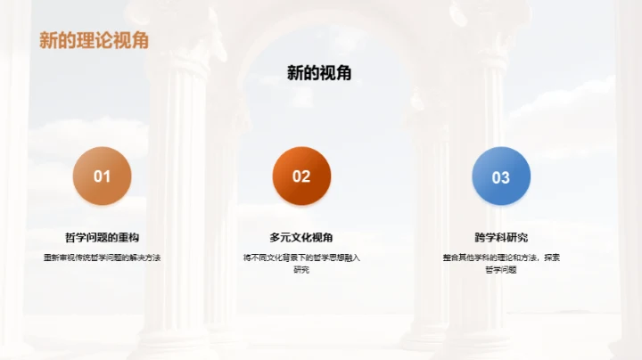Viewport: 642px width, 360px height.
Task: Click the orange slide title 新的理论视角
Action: pos(93,41)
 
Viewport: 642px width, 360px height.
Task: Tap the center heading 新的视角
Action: pos(319,74)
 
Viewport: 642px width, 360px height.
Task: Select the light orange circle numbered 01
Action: pos(102,176)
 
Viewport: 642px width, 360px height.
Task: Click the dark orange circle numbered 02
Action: pos(301,176)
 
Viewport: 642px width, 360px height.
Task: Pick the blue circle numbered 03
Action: pos(501,176)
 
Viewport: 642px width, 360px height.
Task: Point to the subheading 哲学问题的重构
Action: pos(102,238)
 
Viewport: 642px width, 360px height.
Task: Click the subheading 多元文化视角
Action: pos(301,238)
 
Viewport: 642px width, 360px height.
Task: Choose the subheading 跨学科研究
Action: pos(501,238)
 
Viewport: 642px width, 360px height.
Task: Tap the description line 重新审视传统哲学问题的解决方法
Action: pos(102,258)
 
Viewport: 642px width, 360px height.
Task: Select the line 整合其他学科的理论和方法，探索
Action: pos(501,258)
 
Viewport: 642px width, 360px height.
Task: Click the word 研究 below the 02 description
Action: pos(301,269)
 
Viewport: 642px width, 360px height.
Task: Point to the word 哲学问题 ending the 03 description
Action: pos(501,269)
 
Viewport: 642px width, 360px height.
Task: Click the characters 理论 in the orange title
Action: pos(93,41)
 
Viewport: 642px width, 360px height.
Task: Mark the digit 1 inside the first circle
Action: pos(106,176)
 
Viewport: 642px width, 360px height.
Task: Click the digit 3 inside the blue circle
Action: pos(506,176)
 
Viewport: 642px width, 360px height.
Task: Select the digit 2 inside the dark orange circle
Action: pos(306,176)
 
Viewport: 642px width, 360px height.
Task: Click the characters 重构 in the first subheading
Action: pos(128,238)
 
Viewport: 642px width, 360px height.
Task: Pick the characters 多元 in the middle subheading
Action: pos(280,238)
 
